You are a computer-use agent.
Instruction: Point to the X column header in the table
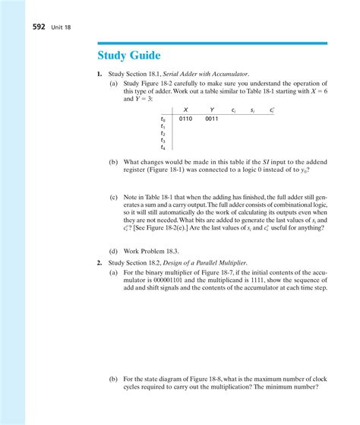(x=187, y=109)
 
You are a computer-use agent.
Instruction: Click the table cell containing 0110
(x=188, y=119)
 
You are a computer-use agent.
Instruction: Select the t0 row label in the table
(x=163, y=119)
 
